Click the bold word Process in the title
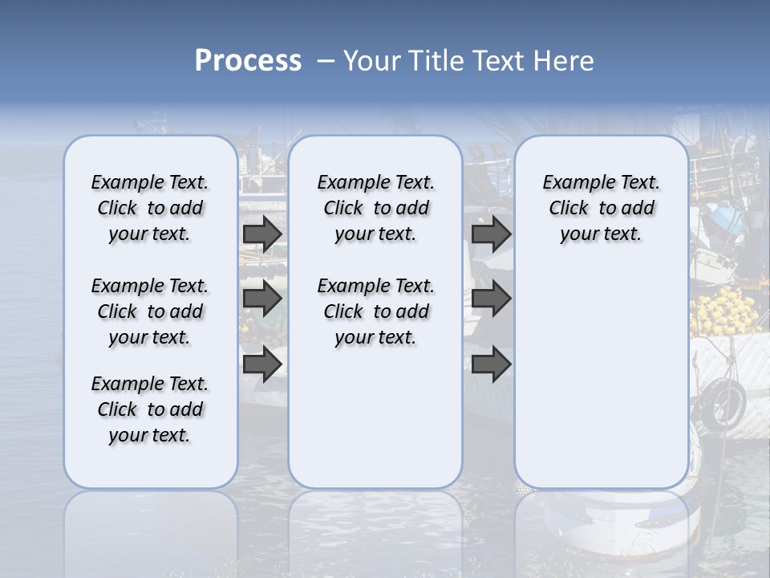[248, 61]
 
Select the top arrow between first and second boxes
[262, 234]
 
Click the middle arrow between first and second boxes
[262, 299]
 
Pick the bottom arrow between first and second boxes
[262, 364]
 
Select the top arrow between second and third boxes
[491, 234]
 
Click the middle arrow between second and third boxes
[491, 299]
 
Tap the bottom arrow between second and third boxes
[491, 364]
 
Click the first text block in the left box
[150, 208]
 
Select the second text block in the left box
[150, 311]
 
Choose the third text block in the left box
[150, 409]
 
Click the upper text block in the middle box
[375, 208]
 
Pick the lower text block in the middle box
[375, 311]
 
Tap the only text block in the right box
[601, 208]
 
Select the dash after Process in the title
[326, 61]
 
